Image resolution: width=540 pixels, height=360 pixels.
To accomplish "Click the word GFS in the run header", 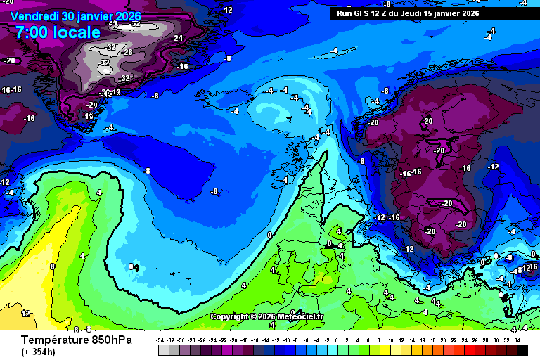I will [x=368, y=13].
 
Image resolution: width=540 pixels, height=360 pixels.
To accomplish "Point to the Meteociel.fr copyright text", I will [x=266, y=316].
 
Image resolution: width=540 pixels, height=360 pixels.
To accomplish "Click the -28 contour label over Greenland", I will [x=127, y=52].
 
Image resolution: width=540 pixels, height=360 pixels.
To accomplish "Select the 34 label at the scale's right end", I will [x=517, y=340].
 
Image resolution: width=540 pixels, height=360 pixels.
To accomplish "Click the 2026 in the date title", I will [x=124, y=16].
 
